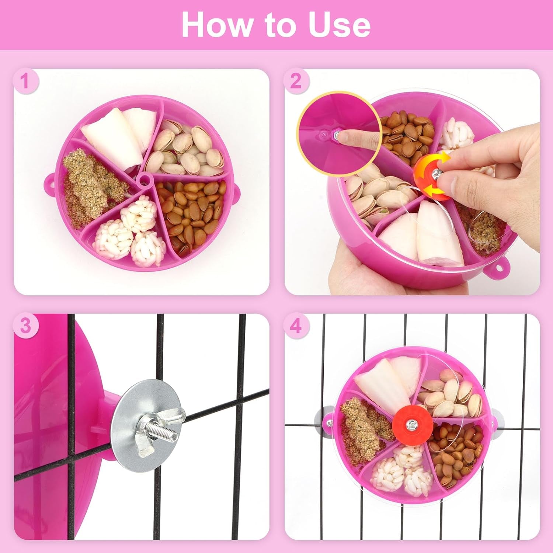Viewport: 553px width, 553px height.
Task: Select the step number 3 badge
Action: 25,326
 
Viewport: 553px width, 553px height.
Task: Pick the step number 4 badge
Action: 296,326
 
